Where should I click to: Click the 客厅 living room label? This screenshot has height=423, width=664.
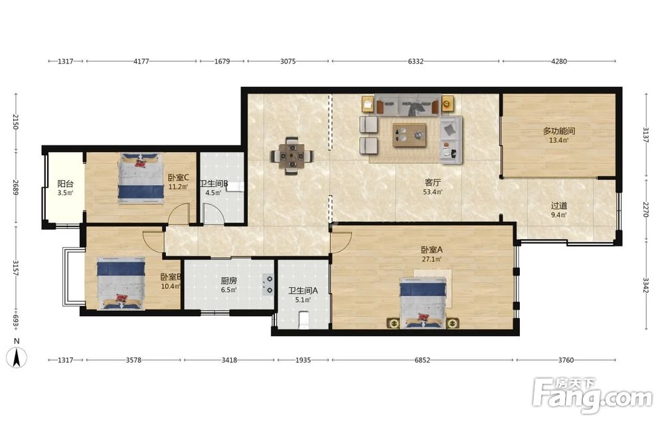(x=433, y=183)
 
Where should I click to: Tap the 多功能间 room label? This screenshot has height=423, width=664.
(x=559, y=131)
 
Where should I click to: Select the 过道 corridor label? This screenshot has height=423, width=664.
(x=559, y=206)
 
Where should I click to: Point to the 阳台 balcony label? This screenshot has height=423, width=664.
(x=66, y=184)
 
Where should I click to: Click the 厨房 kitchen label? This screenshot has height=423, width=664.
(x=228, y=281)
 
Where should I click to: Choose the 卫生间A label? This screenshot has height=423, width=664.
(x=303, y=291)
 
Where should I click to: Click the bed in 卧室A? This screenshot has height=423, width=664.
(x=424, y=303)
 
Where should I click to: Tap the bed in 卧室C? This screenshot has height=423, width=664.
(x=141, y=178)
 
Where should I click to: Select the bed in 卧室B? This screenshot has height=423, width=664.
(x=121, y=284)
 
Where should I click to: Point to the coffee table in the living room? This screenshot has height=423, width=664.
(x=409, y=135)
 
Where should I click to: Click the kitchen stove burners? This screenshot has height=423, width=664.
(x=268, y=284)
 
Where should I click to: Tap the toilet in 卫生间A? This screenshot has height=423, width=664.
(x=305, y=320)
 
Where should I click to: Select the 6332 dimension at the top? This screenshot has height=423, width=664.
(x=416, y=61)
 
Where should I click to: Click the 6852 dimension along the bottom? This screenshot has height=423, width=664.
(x=422, y=361)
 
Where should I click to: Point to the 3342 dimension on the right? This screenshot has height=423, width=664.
(x=646, y=285)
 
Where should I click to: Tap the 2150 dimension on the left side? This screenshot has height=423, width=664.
(x=16, y=122)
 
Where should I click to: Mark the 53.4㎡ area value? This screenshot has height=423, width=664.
(x=433, y=192)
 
